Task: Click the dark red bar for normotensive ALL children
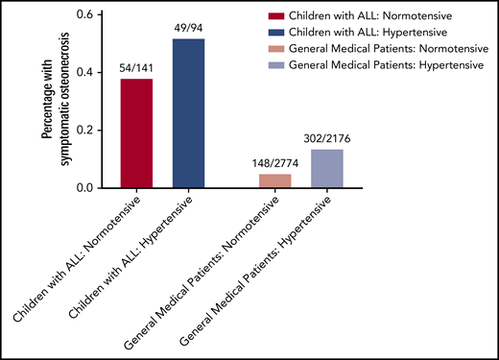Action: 138,133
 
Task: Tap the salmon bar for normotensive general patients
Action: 275,180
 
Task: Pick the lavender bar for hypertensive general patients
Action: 327,168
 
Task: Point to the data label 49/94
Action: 189,29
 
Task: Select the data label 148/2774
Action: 275,163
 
